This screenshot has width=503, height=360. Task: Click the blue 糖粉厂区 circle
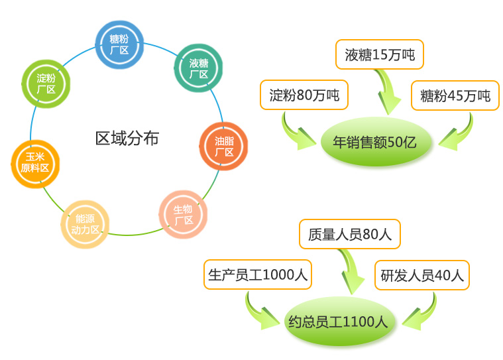point(119,44)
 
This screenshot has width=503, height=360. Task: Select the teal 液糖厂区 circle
point(198,68)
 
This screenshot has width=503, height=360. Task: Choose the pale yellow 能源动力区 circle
point(85,224)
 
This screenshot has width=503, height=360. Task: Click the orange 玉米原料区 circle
point(35,163)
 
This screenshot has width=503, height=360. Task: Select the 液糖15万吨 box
point(380,55)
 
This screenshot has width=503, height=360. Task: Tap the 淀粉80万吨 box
point(304,96)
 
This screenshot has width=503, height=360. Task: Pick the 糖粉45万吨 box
point(455,96)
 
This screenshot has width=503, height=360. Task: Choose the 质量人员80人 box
point(350,234)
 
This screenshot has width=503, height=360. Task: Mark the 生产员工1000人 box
point(258,275)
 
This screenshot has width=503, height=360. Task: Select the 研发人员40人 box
point(422,275)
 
